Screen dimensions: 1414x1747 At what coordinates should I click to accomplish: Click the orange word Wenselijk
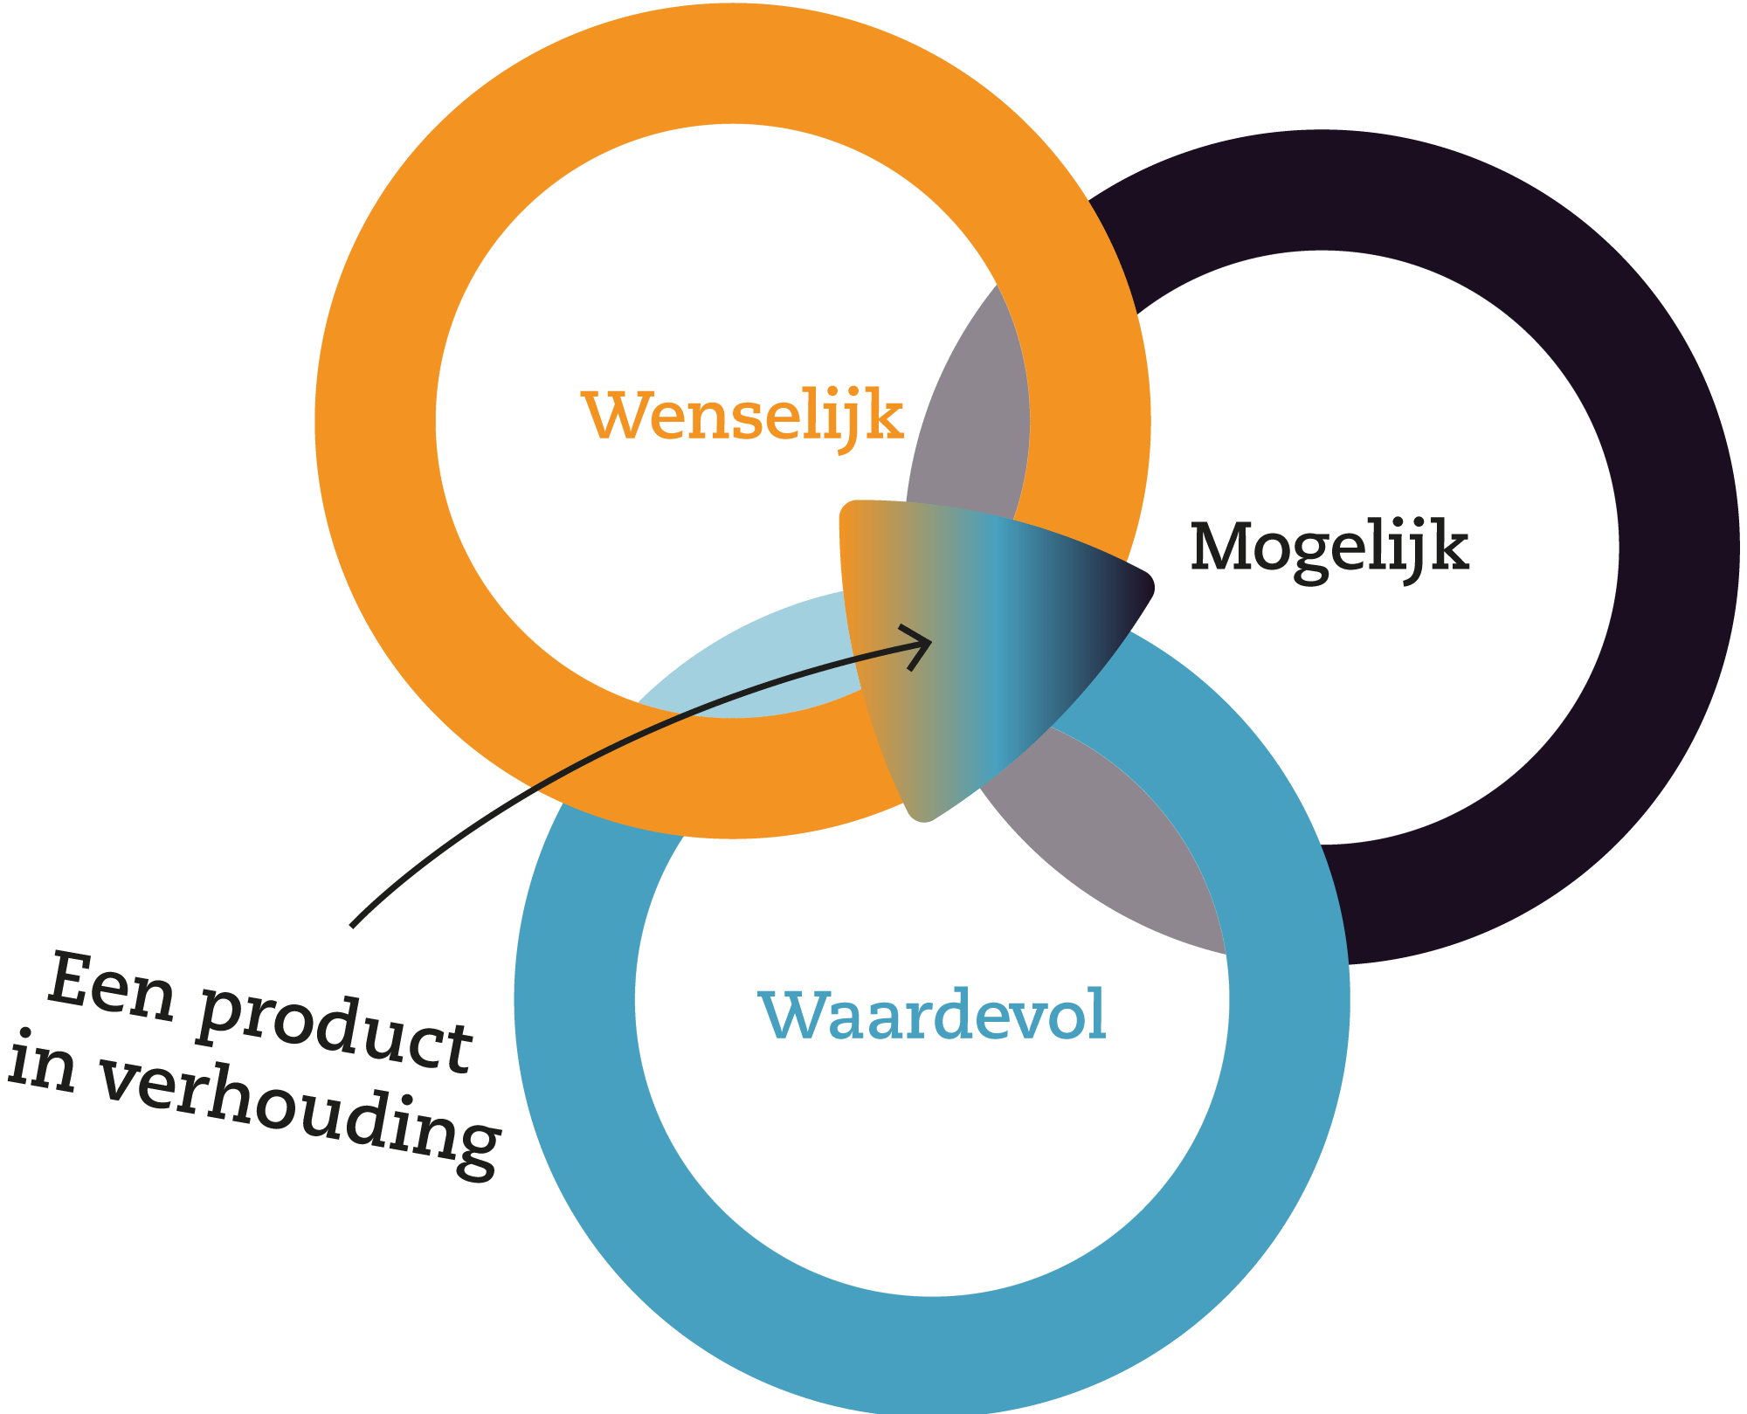pos(742,417)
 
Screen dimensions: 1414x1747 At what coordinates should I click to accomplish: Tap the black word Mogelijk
pos(1329,548)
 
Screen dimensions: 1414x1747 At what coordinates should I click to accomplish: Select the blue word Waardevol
pos(932,1015)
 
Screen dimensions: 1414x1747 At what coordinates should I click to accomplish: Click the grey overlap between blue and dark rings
pos(1127,838)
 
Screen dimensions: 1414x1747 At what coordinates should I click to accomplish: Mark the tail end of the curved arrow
pos(353,924)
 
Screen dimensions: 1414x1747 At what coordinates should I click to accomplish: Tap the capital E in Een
pos(70,980)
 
